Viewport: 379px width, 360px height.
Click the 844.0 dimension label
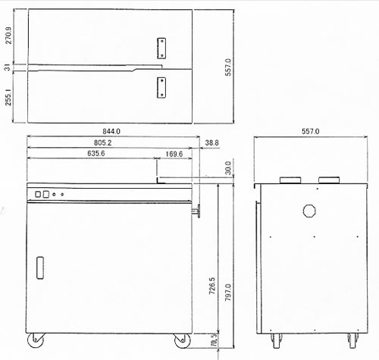coord(111,131)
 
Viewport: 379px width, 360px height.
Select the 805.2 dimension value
coord(103,142)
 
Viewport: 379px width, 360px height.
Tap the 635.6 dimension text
coord(96,153)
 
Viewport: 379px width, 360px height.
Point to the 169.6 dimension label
coord(174,154)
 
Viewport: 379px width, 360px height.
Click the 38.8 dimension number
coord(211,142)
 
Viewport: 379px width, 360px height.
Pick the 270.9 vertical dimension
coord(8,35)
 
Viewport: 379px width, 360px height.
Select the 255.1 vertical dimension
coord(8,97)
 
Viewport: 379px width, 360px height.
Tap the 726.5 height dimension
coord(212,286)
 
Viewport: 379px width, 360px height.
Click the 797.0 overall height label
coord(228,292)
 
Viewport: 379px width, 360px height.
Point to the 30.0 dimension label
coord(228,167)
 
